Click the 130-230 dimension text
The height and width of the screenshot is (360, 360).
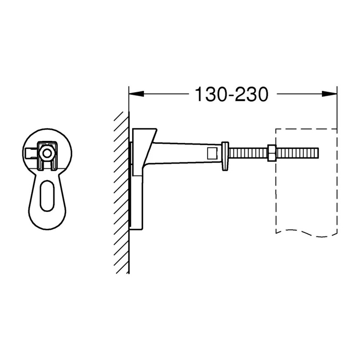tap(231, 94)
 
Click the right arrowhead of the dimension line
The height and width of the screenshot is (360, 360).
tap(329, 94)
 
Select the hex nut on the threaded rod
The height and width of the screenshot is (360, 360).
tap(271, 153)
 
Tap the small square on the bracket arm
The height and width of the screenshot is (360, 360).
tap(212, 153)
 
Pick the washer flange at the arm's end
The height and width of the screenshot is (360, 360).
tap(225, 156)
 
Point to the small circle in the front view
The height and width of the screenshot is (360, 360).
tap(47, 153)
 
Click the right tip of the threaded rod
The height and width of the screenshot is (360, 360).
tap(319, 153)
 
